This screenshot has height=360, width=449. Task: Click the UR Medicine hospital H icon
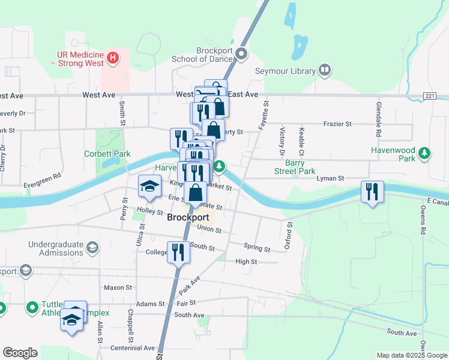coord(113,59)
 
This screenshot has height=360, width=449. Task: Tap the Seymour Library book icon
coord(325,71)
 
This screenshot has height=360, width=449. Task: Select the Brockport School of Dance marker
coord(242,55)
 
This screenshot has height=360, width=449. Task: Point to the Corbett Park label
coord(107,154)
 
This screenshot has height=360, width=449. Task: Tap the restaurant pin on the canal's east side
coord(372,193)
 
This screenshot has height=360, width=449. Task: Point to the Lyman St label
coord(331,178)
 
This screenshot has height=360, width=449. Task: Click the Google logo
coord(20,353)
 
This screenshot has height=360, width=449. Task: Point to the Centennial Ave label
coord(133,348)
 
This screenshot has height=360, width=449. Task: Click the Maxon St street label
coord(118,287)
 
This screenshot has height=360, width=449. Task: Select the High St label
coord(246,262)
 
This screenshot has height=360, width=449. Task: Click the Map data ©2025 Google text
coord(412,355)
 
